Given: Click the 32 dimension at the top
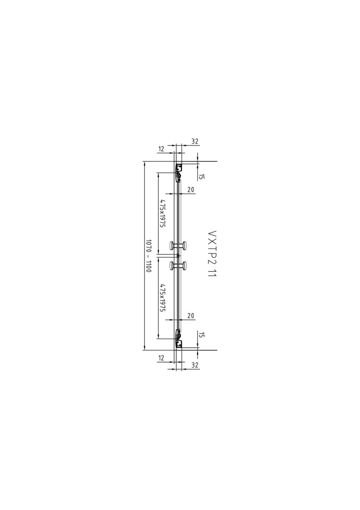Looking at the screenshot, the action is [x=194, y=142].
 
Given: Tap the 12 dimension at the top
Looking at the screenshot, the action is [x=161, y=149].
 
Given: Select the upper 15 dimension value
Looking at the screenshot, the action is [x=201, y=177].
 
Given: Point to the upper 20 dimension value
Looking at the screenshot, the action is [x=191, y=190].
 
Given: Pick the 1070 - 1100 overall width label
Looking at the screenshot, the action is [x=148, y=255].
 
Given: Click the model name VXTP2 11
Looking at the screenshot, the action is [x=212, y=254].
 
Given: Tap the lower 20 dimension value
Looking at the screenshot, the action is [x=191, y=315].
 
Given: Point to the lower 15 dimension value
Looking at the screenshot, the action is [x=201, y=335].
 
